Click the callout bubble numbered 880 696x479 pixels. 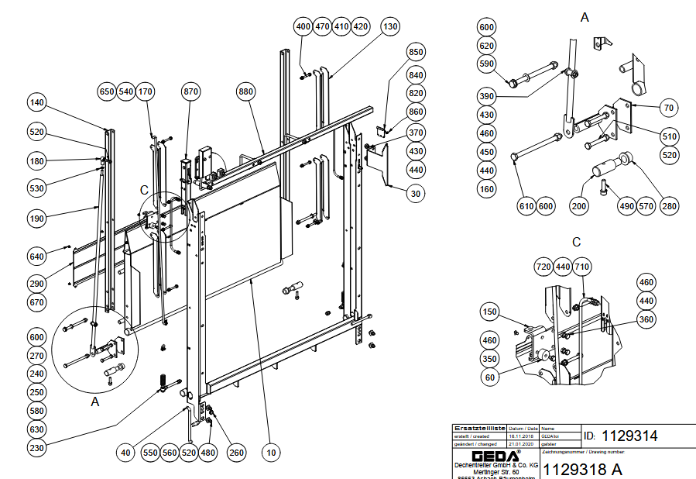pos(246,91)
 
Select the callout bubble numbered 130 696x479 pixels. pos(391,26)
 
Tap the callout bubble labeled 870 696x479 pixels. pos(191,91)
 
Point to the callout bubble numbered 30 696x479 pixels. pos(417,193)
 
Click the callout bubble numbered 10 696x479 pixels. pos(271,452)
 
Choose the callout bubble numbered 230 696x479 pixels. pos(37,447)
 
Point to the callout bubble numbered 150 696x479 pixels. pos(489,312)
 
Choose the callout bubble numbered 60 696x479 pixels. pos(489,377)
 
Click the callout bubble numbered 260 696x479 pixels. pos(236,452)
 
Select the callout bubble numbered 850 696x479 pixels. pos(417,53)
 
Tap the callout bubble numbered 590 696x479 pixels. pos(486,64)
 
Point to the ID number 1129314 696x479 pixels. pos(629,436)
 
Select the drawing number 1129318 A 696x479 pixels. pos(584,469)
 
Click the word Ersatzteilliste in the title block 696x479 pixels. pos(480,428)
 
